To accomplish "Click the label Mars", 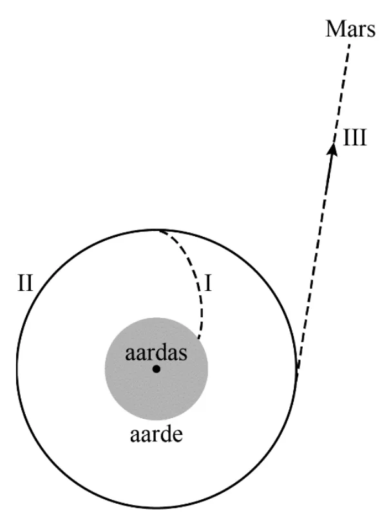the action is pos(350,29).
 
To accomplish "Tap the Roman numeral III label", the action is pos(355,137).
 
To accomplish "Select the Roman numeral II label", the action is pos(25,283).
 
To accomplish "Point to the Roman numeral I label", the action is pos(208,283).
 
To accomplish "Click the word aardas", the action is pos(156,353).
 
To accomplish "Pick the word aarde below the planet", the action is pos(157,434).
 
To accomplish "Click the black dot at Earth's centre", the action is pos(157,369).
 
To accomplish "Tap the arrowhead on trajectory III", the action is pos(332,149).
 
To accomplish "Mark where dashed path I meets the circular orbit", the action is pos(160,231).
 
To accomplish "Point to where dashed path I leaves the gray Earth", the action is pos(198,339).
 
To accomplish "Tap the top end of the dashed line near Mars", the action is pos(350,44).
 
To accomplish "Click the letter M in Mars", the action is pos(336,29).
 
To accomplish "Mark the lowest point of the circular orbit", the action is pos(157,508).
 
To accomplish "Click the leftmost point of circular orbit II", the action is pos(17,368).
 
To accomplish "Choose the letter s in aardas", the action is pos(183,355).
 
